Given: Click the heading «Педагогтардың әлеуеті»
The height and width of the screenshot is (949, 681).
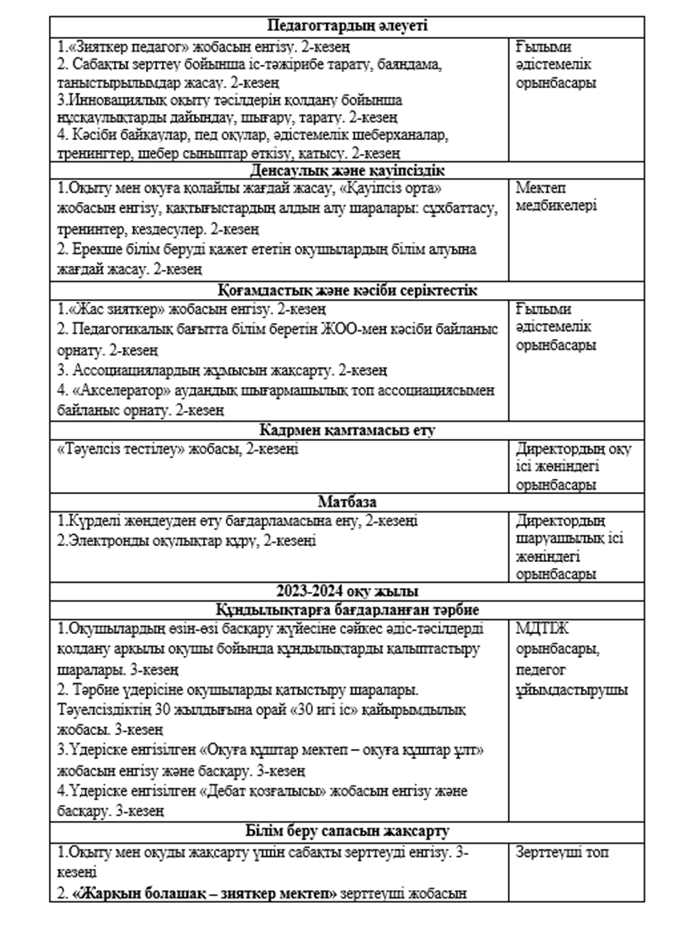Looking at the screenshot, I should tap(347, 26).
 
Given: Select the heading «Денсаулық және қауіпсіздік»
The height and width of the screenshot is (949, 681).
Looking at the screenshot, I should tap(347, 170).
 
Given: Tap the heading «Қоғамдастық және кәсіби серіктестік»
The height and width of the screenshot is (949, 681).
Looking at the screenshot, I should tap(347, 290).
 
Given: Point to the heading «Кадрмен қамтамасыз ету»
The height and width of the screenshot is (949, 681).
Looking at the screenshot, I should tap(347, 430).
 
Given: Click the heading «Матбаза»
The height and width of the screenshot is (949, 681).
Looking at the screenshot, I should tap(347, 501).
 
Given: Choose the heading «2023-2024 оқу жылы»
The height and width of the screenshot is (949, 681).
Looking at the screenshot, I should tap(347, 590).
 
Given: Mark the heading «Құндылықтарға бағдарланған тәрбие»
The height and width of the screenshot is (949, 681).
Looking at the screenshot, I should tap(347, 610).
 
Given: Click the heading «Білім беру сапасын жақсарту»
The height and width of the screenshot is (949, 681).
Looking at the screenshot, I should tap(347, 831).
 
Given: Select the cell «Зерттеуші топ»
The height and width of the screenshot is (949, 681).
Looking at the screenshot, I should tap(562, 852).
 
